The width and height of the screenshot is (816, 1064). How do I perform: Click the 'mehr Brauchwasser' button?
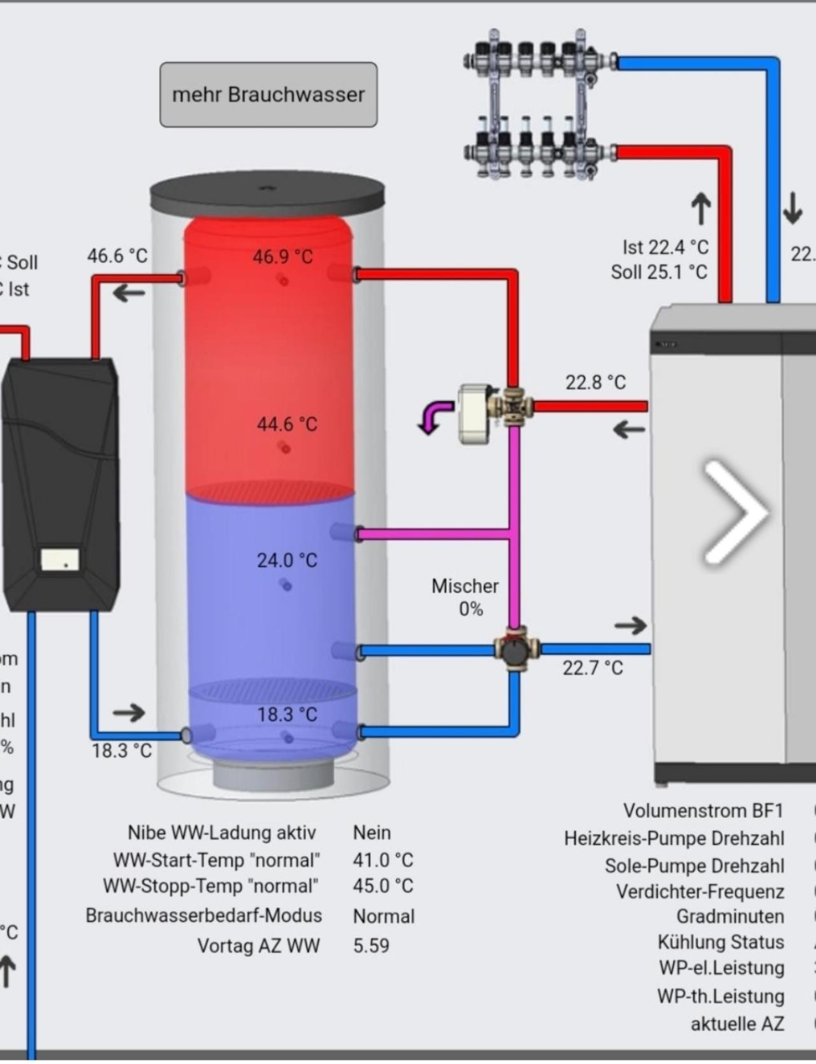tap(268, 94)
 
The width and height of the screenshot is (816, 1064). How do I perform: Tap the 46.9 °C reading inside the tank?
tap(282, 257)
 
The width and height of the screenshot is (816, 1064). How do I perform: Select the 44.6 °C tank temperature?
tap(287, 424)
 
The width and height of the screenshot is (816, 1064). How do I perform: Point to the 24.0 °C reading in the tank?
tap(287, 560)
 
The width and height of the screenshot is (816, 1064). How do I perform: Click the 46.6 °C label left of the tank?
tap(117, 256)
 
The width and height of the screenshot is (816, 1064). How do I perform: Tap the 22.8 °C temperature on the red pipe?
tap(595, 383)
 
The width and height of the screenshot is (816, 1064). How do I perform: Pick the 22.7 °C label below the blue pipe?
tap(592, 668)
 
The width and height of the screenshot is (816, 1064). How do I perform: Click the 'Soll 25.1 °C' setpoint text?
tap(659, 272)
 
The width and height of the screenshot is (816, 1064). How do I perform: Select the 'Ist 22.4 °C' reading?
tap(665, 247)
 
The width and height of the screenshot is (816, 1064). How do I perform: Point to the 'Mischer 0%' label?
tap(465, 597)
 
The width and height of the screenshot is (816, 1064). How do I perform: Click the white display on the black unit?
tap(61, 560)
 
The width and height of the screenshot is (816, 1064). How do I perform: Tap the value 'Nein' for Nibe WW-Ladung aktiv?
tap(372, 833)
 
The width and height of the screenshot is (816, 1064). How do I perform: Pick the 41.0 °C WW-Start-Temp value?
tap(383, 860)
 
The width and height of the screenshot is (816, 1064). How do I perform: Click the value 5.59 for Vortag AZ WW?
tap(371, 945)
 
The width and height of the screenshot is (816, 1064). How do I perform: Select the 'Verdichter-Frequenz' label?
tap(699, 892)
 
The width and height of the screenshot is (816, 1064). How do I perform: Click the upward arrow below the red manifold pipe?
tap(701, 208)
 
